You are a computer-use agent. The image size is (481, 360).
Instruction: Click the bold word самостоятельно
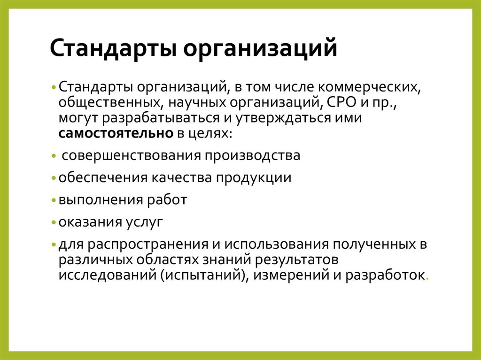coord(116,133)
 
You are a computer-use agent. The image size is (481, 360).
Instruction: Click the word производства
coord(253,155)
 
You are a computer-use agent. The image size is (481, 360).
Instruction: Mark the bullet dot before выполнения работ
coord(54,200)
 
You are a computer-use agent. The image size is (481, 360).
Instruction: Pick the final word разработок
coord(385,275)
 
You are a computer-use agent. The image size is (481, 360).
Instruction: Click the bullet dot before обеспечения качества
coord(54,178)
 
